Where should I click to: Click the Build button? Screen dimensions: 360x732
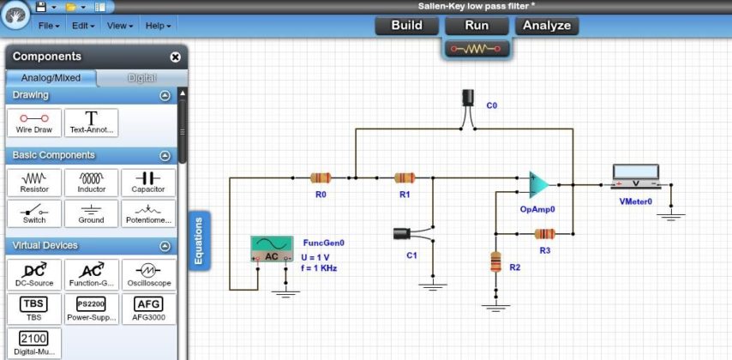coord(406,26)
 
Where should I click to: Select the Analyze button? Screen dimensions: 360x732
coord(546,26)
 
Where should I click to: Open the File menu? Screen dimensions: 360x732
coord(48,26)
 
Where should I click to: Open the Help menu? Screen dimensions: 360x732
coord(158,26)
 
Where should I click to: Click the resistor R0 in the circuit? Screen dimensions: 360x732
coord(321,178)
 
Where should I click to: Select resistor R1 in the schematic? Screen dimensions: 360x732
coord(405,178)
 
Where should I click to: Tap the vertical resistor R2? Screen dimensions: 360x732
coord(495,261)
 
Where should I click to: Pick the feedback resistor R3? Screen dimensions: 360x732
coord(544,233)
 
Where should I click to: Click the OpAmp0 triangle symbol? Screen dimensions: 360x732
coord(538,185)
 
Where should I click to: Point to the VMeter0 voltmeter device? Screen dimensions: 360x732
coord(635,177)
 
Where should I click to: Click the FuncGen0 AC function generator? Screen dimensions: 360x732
coord(272,249)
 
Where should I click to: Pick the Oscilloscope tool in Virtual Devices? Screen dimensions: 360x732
coord(149,273)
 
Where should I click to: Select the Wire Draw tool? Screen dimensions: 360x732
coord(34,123)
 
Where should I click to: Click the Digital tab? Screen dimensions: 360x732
coord(141,78)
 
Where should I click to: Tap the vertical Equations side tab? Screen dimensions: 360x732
coord(199,240)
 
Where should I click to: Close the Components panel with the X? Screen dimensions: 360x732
coord(176,57)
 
